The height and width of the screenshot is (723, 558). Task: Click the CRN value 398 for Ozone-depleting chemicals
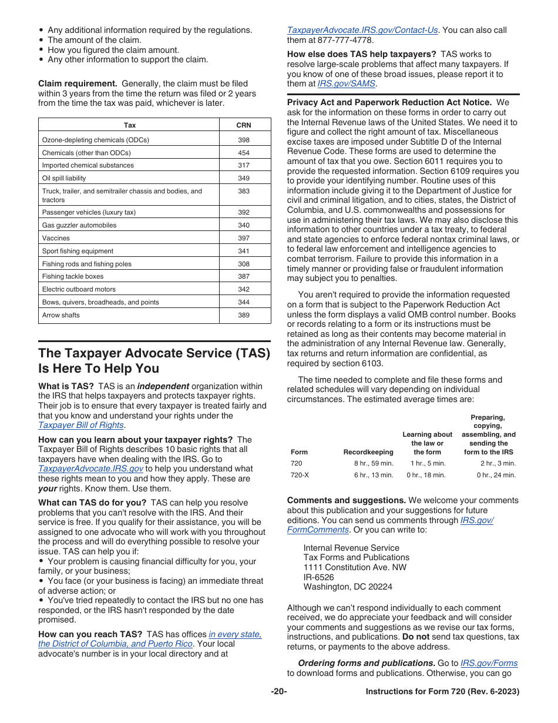244,140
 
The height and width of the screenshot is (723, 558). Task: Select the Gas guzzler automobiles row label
79,225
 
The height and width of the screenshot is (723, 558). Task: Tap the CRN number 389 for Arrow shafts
244,315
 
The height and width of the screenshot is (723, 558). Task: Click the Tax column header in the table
130,125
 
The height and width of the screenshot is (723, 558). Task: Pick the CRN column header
244,125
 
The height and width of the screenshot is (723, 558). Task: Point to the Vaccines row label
56,238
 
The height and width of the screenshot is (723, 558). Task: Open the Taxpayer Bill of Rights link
81,425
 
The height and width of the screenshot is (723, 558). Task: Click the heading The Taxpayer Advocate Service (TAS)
154,353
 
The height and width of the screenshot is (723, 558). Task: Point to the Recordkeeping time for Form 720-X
374,475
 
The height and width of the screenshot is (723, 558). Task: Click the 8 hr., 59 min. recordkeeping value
374,463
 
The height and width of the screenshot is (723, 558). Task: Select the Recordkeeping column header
368,452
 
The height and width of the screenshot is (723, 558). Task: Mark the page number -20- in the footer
279,692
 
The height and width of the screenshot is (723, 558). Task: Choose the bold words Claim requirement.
78,83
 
